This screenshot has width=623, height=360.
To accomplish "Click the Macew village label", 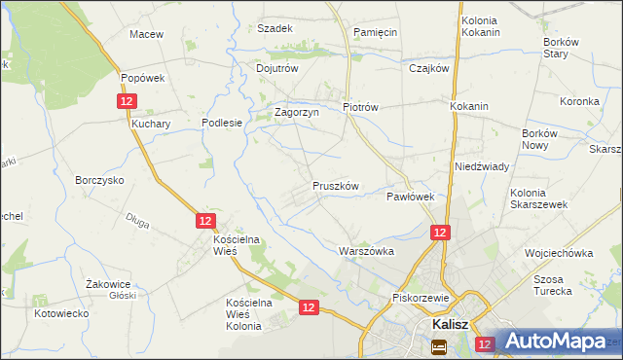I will pos(146,34).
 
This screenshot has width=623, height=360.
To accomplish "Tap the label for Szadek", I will pos(275,28).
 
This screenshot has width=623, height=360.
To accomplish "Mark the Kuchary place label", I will pos(151,125).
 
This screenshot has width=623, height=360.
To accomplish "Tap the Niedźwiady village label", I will pos(482,166).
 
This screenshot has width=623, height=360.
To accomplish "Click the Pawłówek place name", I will pos(410,197).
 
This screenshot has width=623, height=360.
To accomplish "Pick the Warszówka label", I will pos(366,250).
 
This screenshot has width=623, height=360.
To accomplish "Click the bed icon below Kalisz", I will pos(439,345).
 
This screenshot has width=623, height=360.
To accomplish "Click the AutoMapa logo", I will pos(557,342).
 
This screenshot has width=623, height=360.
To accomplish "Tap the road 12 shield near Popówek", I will pos(127,101).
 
